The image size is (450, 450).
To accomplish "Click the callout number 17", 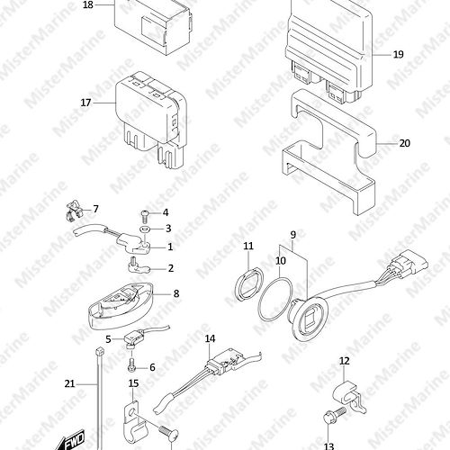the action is [85, 103].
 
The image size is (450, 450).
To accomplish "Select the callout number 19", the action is [398, 55].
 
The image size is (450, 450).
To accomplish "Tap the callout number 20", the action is [404, 143].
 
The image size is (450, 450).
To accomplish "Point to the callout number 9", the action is [292, 235].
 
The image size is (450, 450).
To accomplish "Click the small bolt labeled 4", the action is [145, 215].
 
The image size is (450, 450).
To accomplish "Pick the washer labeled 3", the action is [145, 229].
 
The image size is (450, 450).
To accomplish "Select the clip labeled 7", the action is [74, 211].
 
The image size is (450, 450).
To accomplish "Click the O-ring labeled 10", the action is [274, 299].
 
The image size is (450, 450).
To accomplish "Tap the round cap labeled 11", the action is [249, 283].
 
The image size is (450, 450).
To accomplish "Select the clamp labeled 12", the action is [349, 397].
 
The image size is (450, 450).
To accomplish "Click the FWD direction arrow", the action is [72, 438].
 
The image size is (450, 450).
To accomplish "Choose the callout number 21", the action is [69, 383].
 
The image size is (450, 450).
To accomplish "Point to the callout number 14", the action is [210, 338].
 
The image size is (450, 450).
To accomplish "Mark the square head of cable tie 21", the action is [99, 351].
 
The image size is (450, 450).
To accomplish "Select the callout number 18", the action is [88, 5].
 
